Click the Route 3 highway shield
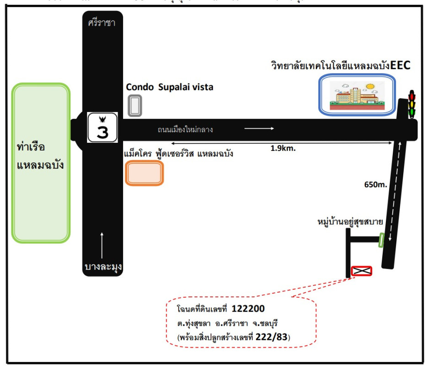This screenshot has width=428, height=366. point(102,127)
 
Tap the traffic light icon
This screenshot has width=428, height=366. point(412,105)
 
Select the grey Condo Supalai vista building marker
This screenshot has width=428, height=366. point(135,105)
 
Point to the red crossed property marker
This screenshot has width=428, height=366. point(361,271)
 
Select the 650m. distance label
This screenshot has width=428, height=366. point(376,185)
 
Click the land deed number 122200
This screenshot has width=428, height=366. point(248,308)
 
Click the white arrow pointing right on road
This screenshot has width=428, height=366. point(259,129)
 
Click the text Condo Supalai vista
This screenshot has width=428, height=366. point(169,86)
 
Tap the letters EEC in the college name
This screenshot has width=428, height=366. point(401,65)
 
